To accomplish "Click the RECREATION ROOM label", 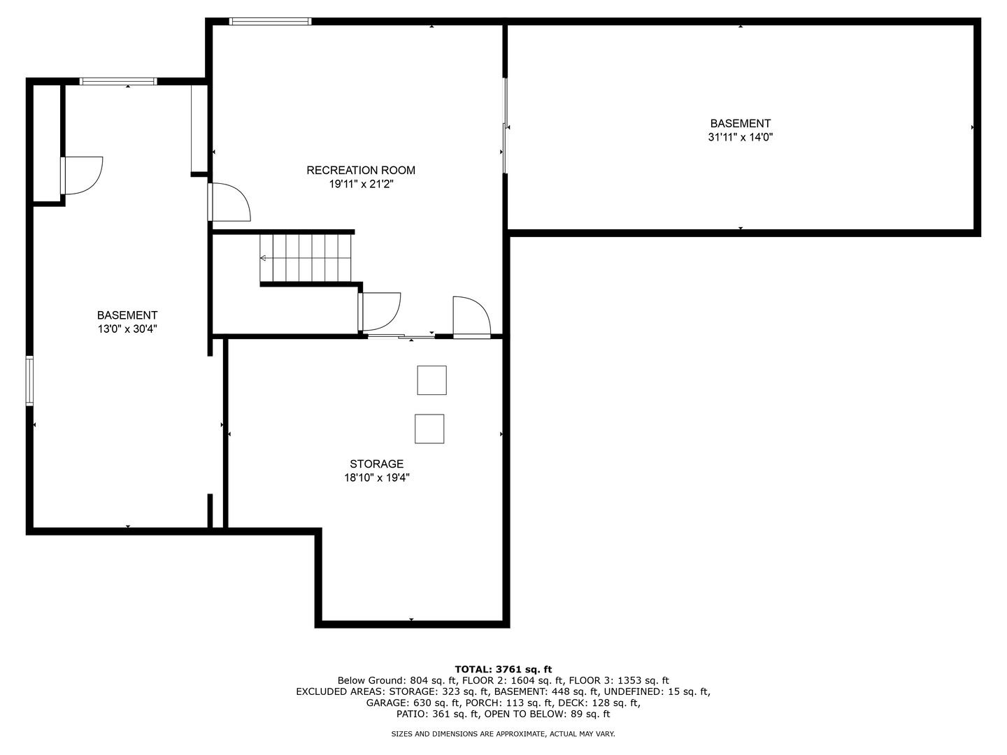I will [x=361, y=171].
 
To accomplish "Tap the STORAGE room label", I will [x=377, y=464].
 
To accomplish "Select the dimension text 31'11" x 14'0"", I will [x=741, y=138].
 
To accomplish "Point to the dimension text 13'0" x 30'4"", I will [x=127, y=329].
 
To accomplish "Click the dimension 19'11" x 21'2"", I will [x=361, y=185].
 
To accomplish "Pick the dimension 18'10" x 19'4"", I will [x=377, y=478].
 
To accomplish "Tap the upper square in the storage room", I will [x=431, y=380].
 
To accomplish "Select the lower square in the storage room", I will [x=429, y=429].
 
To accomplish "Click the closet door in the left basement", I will [x=80, y=175].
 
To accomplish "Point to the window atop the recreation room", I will [x=270, y=22].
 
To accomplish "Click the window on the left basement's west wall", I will [x=29, y=380].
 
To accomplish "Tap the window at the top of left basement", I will [x=117, y=82].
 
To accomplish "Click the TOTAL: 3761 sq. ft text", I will [x=503, y=669].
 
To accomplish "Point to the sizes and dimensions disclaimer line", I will [x=503, y=734].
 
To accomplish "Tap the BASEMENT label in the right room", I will [x=741, y=124].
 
